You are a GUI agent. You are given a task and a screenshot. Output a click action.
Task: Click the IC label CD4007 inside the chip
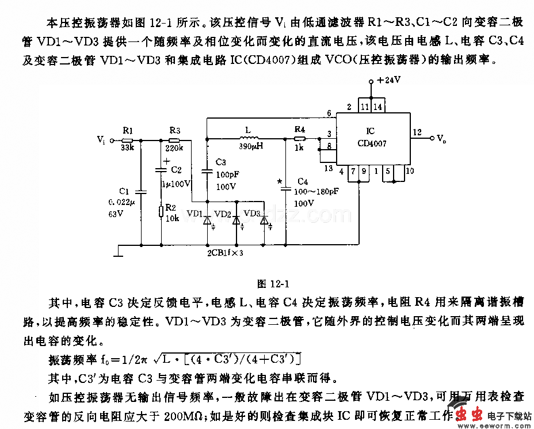pos(372,143)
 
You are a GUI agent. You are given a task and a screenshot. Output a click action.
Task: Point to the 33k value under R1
pos(127,148)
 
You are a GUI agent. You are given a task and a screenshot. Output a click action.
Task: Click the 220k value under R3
pos(174,148)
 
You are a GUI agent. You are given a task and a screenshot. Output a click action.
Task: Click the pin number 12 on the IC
pos(417,132)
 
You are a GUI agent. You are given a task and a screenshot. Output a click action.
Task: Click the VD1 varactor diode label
pos(194,214)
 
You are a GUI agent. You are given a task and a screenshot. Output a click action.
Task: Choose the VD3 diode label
pos(252,213)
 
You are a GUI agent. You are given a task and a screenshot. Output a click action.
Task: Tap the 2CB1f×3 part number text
pos(225,252)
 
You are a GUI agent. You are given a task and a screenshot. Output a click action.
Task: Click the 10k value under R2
pos(171,219)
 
